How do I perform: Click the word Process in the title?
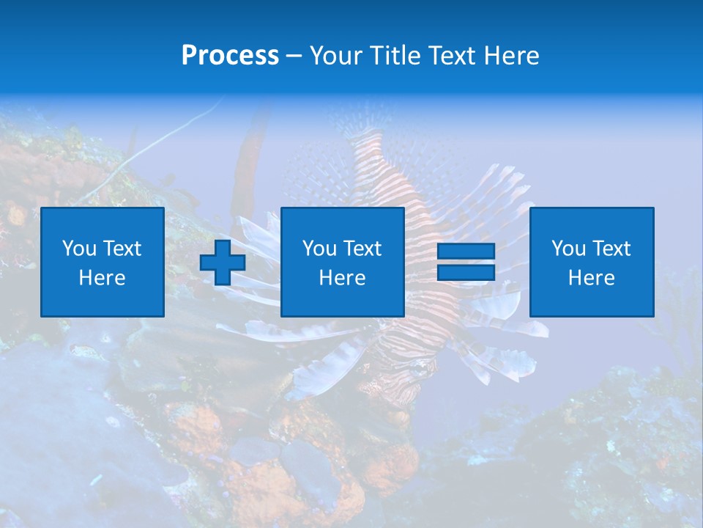tap(230, 56)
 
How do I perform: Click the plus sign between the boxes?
tap(223, 263)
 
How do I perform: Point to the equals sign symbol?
tap(466, 262)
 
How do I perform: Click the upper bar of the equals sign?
tap(466, 252)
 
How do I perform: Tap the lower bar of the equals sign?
tap(466, 272)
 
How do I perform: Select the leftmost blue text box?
tap(103, 262)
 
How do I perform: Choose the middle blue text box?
tap(343, 262)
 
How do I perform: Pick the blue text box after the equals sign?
tap(592, 262)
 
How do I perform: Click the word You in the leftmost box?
tap(80, 249)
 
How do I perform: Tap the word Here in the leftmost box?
tap(103, 278)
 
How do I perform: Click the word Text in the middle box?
tap(362, 249)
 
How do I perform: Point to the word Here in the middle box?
tap(343, 278)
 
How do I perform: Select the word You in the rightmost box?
tap(569, 249)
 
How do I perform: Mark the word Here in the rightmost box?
tap(592, 278)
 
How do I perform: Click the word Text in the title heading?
tap(452, 56)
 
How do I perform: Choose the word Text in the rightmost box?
tap(611, 249)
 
